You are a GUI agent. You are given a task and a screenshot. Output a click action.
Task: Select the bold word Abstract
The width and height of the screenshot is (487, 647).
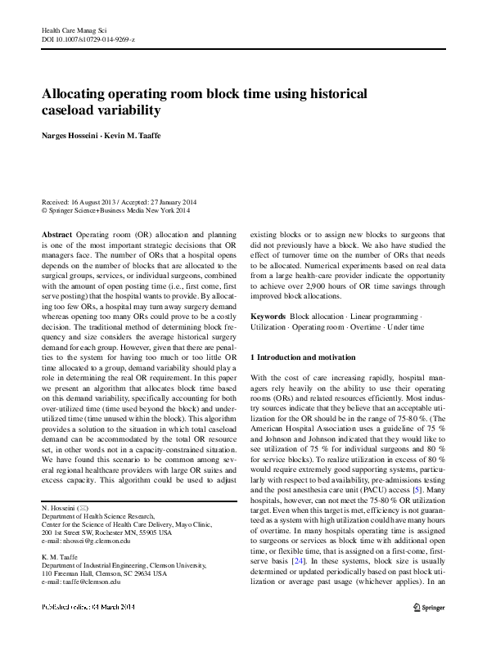tap(56, 233)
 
